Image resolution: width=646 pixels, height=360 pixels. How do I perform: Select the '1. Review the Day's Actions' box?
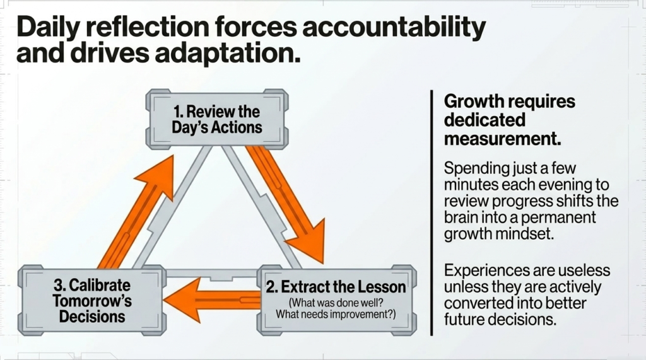[x=216, y=119]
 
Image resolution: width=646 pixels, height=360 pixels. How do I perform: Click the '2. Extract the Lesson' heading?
[x=336, y=287]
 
